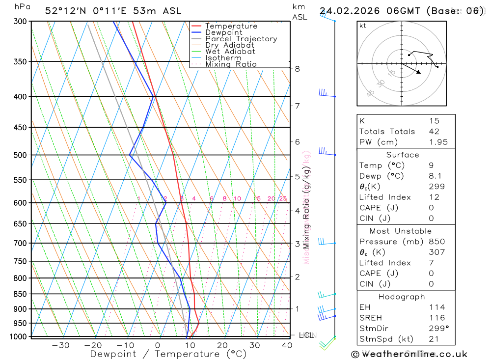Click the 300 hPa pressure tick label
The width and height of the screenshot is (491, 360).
coord(20,21)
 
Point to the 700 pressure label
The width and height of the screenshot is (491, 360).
coord(20,243)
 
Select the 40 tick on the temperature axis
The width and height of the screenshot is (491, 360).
coord(287,345)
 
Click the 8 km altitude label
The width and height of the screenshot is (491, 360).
coord(297,69)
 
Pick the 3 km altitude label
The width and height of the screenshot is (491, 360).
coord(297,244)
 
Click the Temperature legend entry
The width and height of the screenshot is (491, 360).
coord(231,26)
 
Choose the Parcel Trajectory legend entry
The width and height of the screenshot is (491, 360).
coord(241,39)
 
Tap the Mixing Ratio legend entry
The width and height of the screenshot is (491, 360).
coord(231,64)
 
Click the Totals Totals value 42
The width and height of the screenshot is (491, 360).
coord(434,131)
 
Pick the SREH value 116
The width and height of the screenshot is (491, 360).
coord(436,318)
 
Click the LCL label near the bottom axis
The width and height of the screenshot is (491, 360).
coord(306,335)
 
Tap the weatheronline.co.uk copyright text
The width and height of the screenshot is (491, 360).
coord(409,354)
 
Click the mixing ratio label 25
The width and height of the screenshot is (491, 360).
coord(283,198)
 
